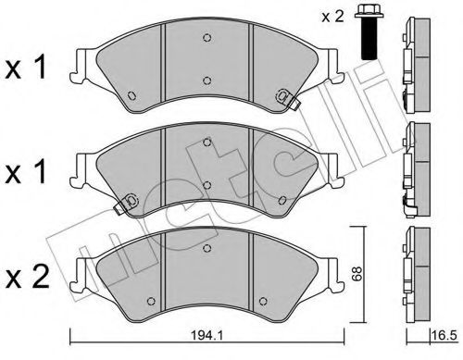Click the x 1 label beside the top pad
[30, 68]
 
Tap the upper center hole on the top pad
[206, 38]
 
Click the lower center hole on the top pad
[206, 81]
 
